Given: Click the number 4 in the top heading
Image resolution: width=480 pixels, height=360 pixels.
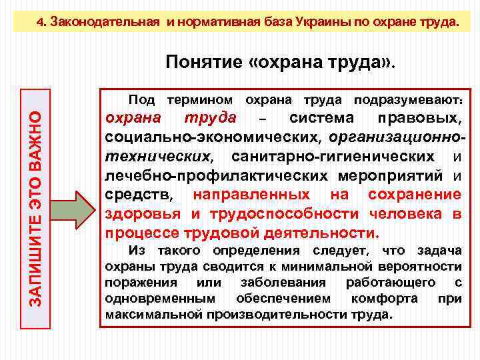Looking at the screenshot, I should pos(40,21).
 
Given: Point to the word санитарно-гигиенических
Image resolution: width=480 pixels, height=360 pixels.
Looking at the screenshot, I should pos(339,157).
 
